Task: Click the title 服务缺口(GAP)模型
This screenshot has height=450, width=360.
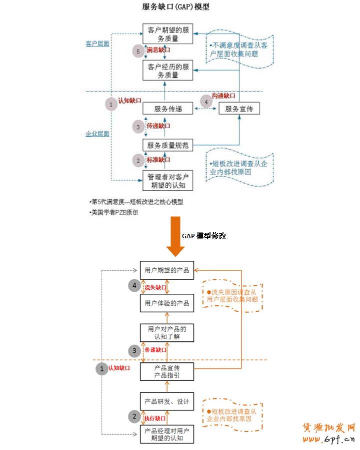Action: [175, 7]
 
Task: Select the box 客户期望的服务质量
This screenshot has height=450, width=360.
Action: [167, 35]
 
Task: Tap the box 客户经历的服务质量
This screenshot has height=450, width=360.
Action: [167, 71]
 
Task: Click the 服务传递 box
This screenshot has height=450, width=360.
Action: [167, 109]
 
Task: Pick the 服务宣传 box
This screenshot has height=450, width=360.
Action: [239, 109]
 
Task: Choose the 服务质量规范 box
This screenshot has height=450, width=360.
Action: [167, 145]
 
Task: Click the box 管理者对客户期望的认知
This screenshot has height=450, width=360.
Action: [167, 181]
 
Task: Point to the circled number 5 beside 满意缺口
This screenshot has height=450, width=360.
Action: [138, 51]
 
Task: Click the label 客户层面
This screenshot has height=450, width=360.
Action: [97, 44]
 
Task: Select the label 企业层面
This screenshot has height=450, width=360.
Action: [97, 134]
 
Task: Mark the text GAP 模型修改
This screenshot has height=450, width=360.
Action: [203, 236]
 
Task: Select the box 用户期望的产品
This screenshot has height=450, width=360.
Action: [166, 270]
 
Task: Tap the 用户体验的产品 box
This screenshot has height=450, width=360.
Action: [166, 303]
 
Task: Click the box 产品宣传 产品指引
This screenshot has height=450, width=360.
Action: [166, 372]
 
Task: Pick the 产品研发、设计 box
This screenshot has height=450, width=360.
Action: [166, 401]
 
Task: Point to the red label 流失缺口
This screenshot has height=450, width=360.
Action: [155, 287]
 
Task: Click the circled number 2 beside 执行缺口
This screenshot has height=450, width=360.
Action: [133, 416]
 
